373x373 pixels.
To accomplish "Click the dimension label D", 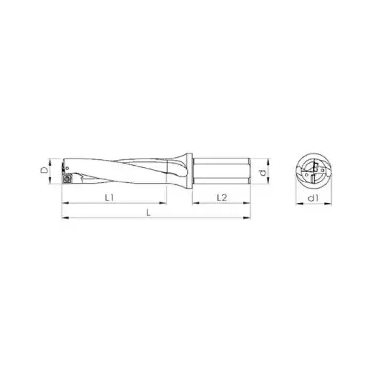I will [44, 171].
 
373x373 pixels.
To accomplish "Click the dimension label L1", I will [110, 197].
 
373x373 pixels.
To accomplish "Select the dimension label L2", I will [222, 197].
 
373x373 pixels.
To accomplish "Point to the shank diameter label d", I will [262, 172].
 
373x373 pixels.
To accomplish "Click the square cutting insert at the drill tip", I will [68, 179].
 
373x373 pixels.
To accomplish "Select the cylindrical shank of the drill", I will [221, 171].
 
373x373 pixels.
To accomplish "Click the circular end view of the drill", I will [314, 172].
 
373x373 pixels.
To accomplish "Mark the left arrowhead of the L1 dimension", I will [64, 204].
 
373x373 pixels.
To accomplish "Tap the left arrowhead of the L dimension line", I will [64, 217].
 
